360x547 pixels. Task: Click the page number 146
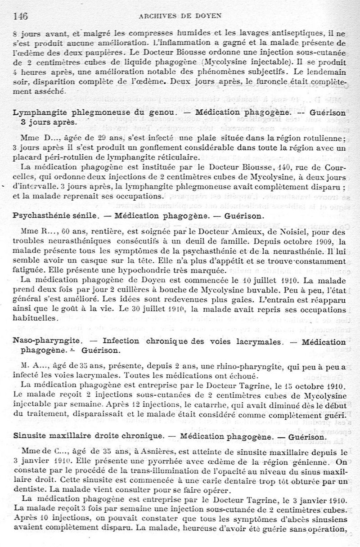click(21, 17)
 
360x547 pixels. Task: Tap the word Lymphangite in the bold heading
click(39, 112)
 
